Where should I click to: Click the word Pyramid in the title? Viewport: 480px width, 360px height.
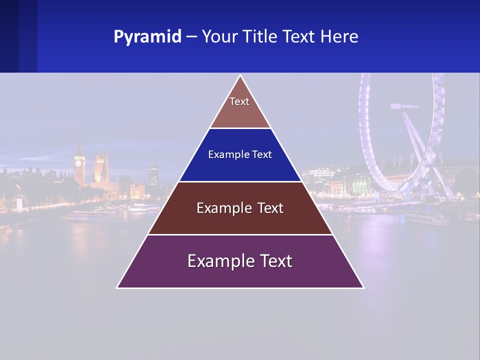[x=147, y=37]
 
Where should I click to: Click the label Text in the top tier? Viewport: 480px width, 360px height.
[x=239, y=101]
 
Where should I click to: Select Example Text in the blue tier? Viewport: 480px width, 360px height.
[x=240, y=154]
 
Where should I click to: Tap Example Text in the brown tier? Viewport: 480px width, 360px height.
[x=240, y=208]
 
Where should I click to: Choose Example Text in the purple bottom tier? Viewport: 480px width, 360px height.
[x=240, y=261]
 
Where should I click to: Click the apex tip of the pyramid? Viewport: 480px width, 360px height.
[x=240, y=76]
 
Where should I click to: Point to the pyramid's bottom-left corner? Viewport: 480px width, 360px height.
[x=117, y=287]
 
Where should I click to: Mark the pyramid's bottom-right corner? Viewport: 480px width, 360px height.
[x=363, y=287]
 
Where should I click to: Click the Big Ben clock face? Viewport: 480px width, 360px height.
[x=79, y=161]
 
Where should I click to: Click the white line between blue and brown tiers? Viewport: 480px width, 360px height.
[x=240, y=181]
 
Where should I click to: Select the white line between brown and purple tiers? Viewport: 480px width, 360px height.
[x=240, y=234]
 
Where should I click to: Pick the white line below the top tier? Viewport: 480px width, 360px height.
[x=240, y=128]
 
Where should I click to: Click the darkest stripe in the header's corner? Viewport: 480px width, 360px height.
[x=9, y=36]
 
